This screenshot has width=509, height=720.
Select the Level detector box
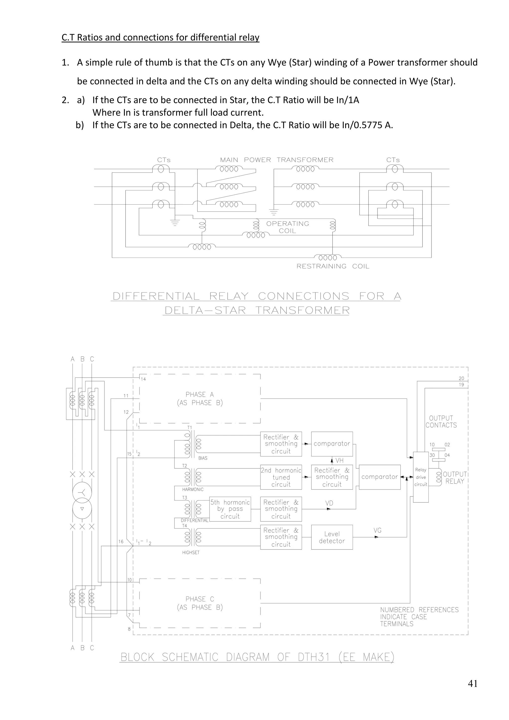coord(332,537)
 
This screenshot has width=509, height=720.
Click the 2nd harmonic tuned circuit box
coord(281,477)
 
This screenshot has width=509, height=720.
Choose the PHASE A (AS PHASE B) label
coord(200,399)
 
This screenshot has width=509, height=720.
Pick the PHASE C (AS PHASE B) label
coord(200,603)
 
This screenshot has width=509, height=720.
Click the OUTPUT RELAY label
coord(455,478)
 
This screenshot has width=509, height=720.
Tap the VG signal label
coord(377,530)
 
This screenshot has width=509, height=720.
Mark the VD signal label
coord(329,503)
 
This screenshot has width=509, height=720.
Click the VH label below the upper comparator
coord(339,460)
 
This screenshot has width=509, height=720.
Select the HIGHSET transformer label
coord(191,552)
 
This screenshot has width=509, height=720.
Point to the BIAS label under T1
coord(203,458)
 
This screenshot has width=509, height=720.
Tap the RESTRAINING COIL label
coord(333,266)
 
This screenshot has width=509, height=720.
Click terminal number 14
coord(143,379)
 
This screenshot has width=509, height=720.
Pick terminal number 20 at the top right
coord(461,378)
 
